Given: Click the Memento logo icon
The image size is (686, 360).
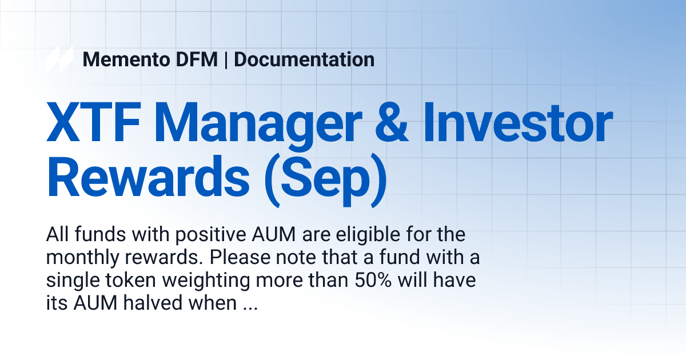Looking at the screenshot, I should [x=59, y=59].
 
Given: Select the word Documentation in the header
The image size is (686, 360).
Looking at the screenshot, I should [x=304, y=59].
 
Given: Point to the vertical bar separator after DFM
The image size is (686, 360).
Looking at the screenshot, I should [x=226, y=59].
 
